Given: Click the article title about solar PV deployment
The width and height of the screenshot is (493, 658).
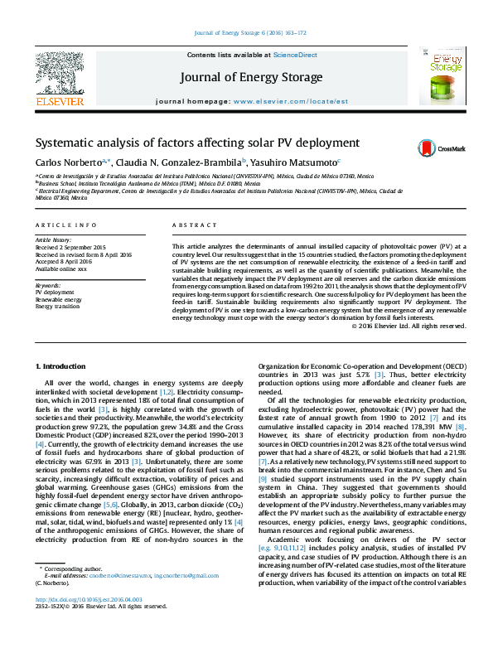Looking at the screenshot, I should point(197,143).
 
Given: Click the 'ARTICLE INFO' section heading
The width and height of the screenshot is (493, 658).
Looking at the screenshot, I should point(60,225).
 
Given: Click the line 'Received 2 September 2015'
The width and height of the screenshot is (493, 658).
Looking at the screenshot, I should point(70,247).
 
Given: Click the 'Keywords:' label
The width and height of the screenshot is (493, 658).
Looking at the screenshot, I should point(47,286).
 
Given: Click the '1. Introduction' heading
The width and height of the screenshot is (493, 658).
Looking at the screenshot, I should point(62,365).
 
